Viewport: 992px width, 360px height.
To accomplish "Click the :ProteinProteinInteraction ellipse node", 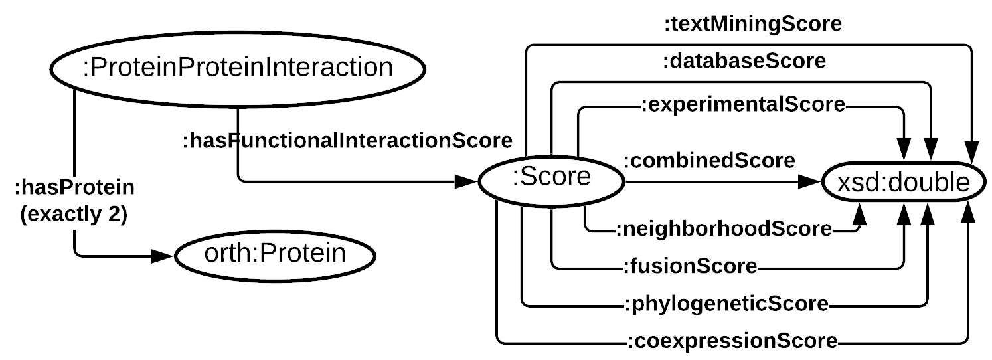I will (x=237, y=68).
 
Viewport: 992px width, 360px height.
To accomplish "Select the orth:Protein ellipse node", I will (x=275, y=254).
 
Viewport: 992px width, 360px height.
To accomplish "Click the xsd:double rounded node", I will (x=904, y=182).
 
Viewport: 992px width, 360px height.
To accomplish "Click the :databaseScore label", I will (x=744, y=62).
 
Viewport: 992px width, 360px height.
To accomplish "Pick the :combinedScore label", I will (x=708, y=161).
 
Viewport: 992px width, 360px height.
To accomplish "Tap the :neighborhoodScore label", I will (x=724, y=229).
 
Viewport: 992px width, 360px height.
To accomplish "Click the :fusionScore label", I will (x=690, y=267).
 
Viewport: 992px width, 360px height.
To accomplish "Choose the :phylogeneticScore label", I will (x=726, y=304).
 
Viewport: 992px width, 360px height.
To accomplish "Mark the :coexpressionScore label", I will (x=732, y=342).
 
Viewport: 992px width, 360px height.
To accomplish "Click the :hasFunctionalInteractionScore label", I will (x=347, y=141).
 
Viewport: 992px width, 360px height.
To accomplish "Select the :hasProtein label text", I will (x=74, y=188).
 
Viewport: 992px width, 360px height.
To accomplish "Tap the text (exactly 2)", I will (x=74, y=216).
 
